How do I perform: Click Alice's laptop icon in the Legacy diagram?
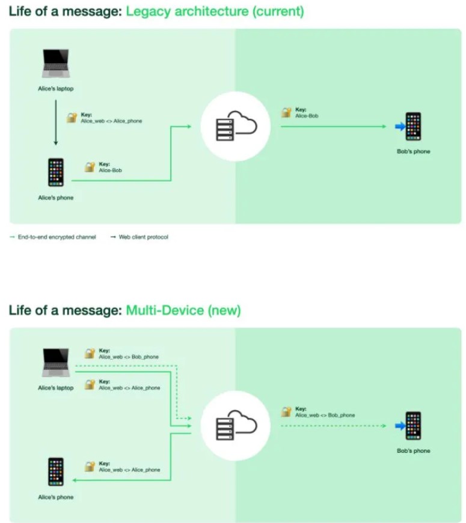pyautogui.click(x=55, y=64)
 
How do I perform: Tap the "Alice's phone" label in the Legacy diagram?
pyautogui.click(x=55, y=198)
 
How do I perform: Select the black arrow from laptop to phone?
pyautogui.click(x=55, y=122)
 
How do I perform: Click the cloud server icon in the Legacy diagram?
pyautogui.click(x=236, y=126)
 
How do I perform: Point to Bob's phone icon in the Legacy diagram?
pyautogui.click(x=414, y=126)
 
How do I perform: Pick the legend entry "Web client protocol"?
pyautogui.click(x=144, y=237)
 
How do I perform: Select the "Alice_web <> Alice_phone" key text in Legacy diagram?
pyautogui.click(x=112, y=121)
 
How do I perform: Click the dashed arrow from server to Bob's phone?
pyautogui.click(x=334, y=426)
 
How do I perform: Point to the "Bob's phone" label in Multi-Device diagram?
pyautogui.click(x=414, y=451)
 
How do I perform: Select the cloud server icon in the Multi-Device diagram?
pyautogui.click(x=236, y=426)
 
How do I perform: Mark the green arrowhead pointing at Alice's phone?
pyautogui.click(x=74, y=480)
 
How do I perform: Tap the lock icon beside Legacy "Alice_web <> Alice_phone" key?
pyautogui.click(x=72, y=118)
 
